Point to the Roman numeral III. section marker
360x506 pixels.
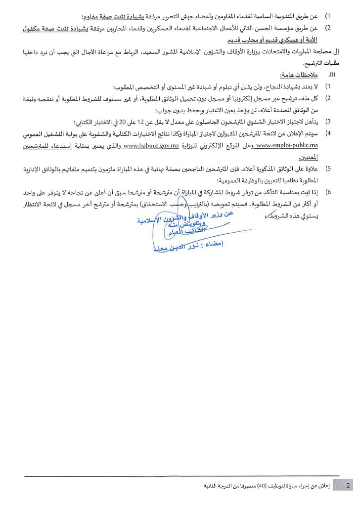point(331,74)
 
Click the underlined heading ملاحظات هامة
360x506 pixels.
point(296,74)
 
